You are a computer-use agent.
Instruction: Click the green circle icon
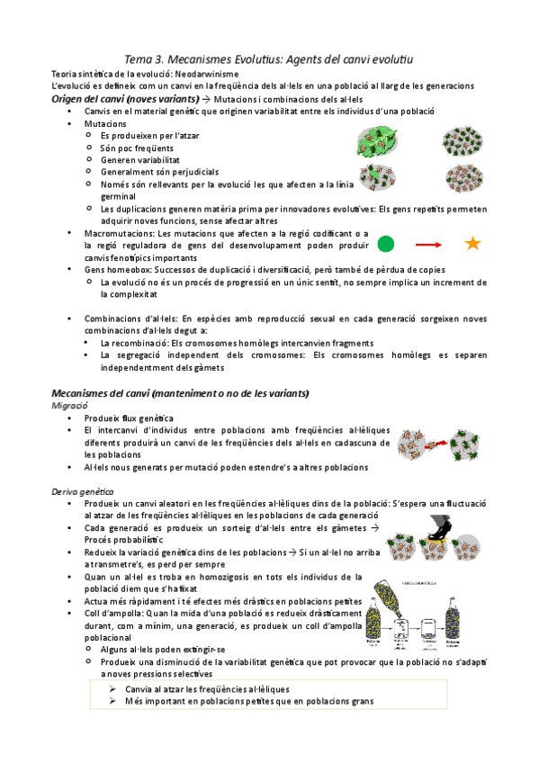point(385,243)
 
